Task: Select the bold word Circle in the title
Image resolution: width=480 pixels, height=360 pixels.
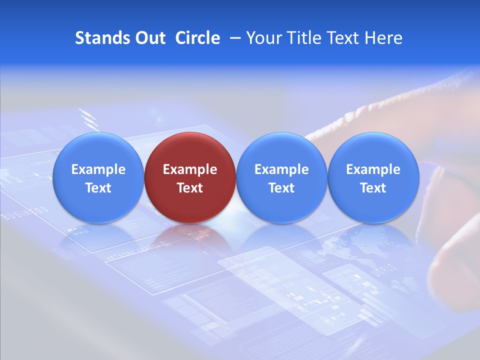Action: (x=197, y=38)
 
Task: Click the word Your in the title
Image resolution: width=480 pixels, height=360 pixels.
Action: (x=262, y=38)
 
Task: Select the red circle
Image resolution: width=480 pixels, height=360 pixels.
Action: (x=190, y=177)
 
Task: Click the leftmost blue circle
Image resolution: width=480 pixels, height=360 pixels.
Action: (x=98, y=177)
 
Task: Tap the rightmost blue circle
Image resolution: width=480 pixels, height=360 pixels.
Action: (x=373, y=177)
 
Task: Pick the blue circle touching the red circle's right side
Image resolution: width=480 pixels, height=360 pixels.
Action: (x=281, y=177)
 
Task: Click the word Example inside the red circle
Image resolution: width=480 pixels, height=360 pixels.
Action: (x=190, y=169)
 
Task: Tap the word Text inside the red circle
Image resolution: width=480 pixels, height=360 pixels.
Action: (x=190, y=188)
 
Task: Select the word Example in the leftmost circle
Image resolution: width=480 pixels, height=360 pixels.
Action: (x=98, y=169)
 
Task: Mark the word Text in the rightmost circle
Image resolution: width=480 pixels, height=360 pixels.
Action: (x=373, y=188)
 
